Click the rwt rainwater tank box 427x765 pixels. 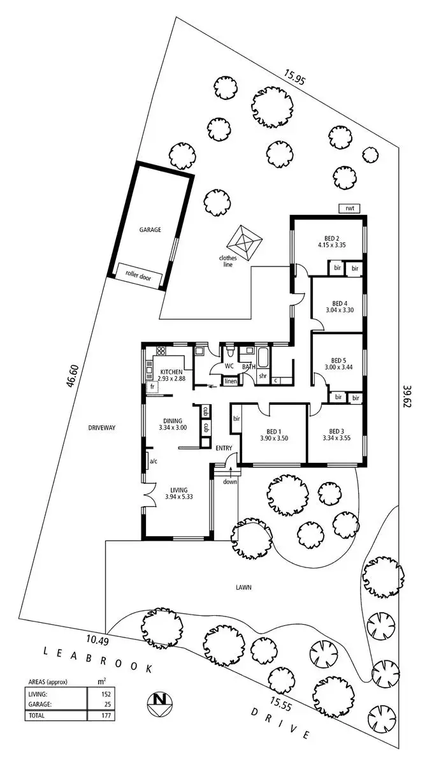pos(349,208)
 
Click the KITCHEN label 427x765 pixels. pos(171,371)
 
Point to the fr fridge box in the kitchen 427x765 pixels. pos(152,386)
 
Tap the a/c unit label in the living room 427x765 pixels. pos(153,461)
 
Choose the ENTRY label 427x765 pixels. pos(224,449)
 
